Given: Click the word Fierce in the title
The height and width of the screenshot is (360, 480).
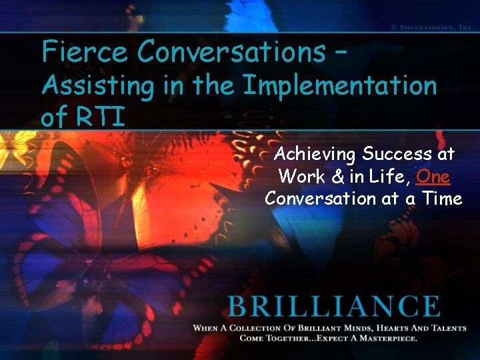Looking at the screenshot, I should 84,51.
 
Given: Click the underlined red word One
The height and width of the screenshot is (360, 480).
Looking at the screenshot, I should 433,177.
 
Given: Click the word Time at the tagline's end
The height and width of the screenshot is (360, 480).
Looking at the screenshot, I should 439,199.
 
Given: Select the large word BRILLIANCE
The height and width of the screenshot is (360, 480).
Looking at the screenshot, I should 333,307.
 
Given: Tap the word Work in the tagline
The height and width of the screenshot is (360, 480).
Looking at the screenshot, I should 299,177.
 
